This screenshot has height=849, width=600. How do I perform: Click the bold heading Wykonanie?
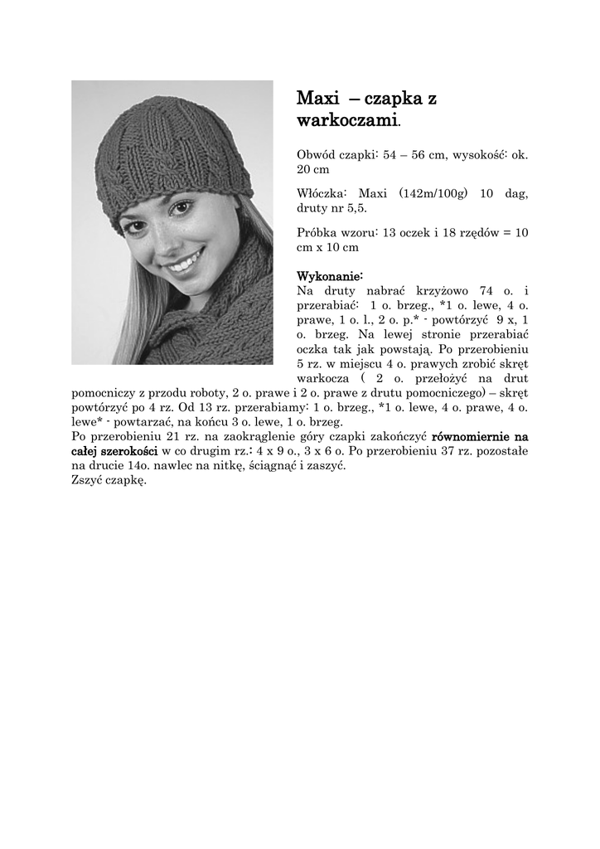[x=330, y=275]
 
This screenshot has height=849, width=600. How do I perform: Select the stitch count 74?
[x=482, y=290]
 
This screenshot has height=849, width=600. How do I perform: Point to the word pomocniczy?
[x=108, y=394]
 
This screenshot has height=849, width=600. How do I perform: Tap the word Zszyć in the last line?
[x=88, y=481]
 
